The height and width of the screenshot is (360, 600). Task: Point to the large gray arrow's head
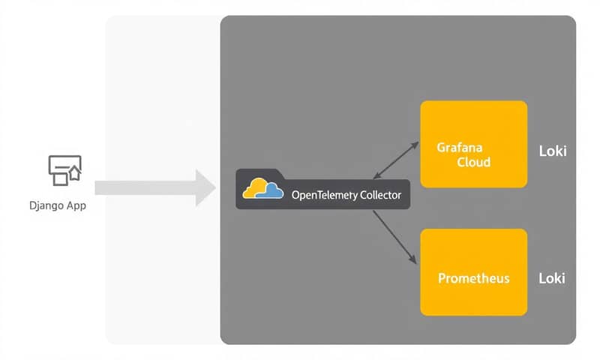pos(206,187)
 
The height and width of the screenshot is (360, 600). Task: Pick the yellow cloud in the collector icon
pos(256,188)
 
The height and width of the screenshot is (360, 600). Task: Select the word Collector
pos(380,195)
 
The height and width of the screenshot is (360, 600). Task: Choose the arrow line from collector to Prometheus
pos(394,236)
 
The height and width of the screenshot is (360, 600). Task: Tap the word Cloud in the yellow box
pos(474,162)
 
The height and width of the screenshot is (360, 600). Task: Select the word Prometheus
pos(473,278)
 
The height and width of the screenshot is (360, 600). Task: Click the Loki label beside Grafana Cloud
pos(553,151)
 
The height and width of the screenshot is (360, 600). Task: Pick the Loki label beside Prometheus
pos(553,278)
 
